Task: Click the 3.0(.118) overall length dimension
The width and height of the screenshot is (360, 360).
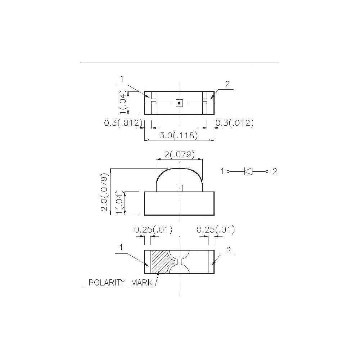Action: tap(179, 136)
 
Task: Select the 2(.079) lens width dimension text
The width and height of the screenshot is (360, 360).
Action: tap(179, 155)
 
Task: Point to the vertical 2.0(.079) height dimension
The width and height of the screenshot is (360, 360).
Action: tap(104, 193)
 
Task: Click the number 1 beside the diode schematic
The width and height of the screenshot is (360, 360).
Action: tap(222, 171)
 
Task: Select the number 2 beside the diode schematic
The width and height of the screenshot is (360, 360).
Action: tap(275, 171)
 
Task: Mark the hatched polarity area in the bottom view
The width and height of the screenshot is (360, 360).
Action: tap(159, 261)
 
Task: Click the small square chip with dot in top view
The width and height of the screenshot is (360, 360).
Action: tap(179, 103)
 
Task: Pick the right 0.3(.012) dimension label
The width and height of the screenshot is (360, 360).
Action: tap(235, 123)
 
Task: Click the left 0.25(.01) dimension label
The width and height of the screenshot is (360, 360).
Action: tap(153, 230)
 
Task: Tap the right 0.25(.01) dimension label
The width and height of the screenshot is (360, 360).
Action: tap(216, 230)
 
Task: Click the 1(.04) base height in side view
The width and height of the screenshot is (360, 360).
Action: tap(121, 203)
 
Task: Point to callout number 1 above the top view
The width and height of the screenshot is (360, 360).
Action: tap(122, 79)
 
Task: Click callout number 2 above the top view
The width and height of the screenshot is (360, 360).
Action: tap(227, 85)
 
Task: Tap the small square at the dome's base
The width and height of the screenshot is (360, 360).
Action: tap(179, 188)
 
